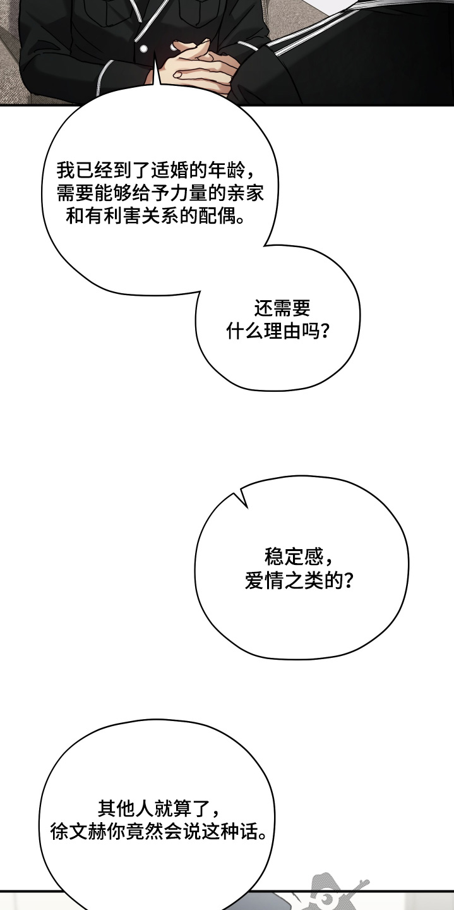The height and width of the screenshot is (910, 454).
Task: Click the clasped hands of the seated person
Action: [x=199, y=66]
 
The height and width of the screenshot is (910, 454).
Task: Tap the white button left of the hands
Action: [x=143, y=49]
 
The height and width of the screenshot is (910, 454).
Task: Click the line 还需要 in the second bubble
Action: [x=282, y=308]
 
